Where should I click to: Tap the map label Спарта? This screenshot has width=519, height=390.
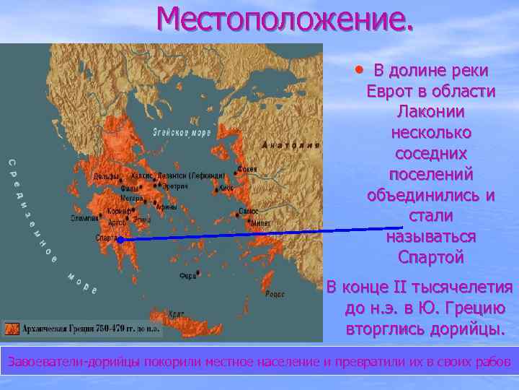(x=107, y=237)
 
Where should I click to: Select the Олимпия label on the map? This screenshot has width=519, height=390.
(x=84, y=216)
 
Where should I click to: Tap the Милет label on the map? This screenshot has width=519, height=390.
(x=260, y=223)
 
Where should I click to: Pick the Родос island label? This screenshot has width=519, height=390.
(x=275, y=294)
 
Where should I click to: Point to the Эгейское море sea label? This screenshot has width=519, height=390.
(x=181, y=133)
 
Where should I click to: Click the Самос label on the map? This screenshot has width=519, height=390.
(x=249, y=212)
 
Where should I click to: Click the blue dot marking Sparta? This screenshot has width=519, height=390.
(x=121, y=239)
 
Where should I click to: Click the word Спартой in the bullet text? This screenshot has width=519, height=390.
(x=430, y=256)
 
